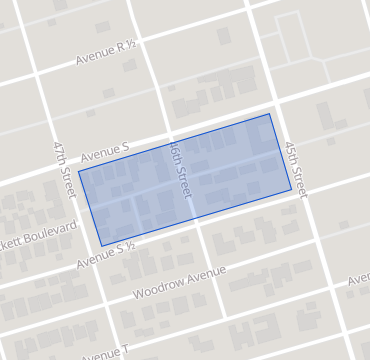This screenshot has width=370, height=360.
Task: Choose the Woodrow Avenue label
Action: [180, 284]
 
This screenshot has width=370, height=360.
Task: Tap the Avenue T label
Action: [105, 352]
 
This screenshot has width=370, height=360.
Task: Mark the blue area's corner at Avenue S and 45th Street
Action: [269, 113]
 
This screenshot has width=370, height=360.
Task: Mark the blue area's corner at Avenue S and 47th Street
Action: [79, 171]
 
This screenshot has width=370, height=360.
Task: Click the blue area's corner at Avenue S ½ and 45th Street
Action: [291, 189]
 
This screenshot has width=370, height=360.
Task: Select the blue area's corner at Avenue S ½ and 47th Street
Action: [101, 246]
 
